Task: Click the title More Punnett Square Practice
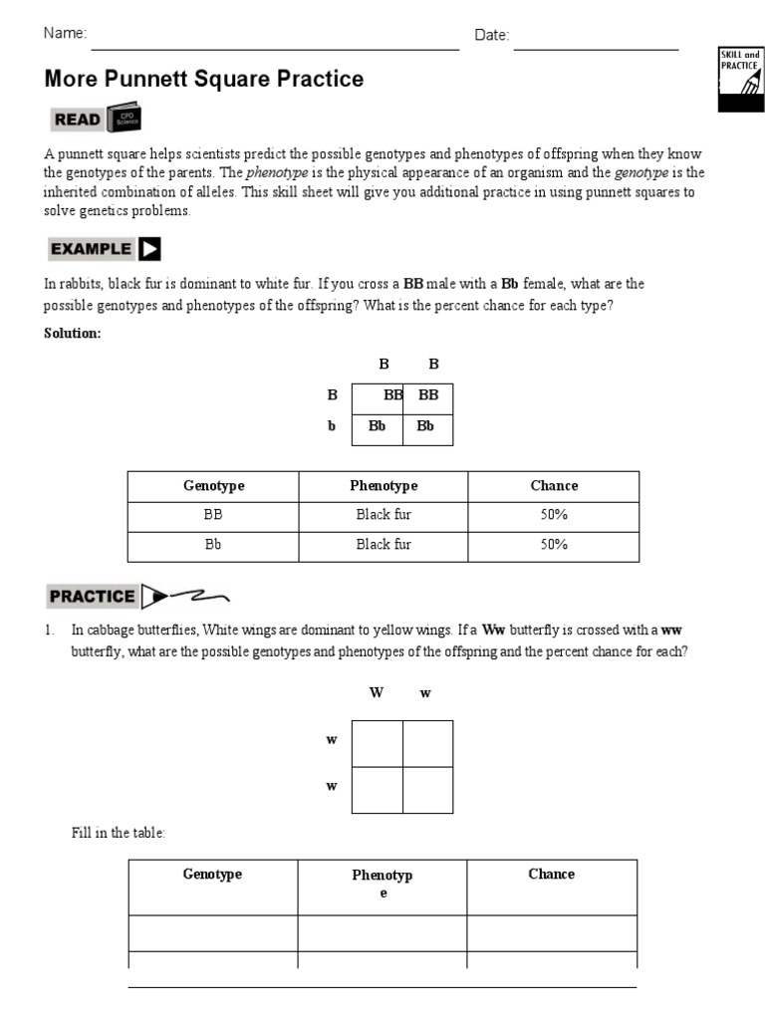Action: click(x=204, y=79)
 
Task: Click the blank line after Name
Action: click(x=274, y=44)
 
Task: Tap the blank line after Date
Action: click(x=596, y=44)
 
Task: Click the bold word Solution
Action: click(x=72, y=334)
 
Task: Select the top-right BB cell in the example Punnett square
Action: click(x=428, y=395)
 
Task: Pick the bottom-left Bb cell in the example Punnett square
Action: click(x=378, y=426)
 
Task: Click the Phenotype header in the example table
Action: click(x=383, y=486)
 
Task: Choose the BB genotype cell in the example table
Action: click(x=213, y=516)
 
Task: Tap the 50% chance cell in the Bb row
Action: click(x=554, y=545)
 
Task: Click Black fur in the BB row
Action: click(x=383, y=516)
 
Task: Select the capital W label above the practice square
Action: click(x=377, y=693)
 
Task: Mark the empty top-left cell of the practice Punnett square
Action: click(x=378, y=743)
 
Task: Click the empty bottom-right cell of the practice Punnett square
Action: click(x=428, y=790)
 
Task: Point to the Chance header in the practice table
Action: click(x=551, y=875)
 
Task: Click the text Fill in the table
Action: click(x=118, y=833)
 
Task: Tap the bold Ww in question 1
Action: click(x=493, y=631)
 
